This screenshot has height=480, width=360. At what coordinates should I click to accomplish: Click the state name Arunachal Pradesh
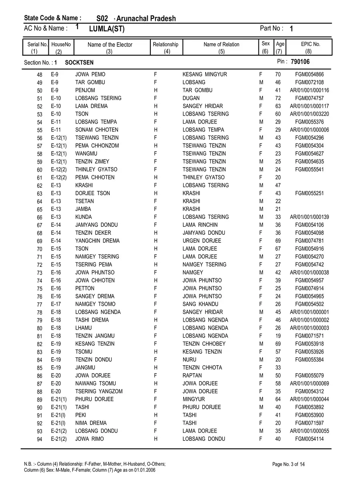146,18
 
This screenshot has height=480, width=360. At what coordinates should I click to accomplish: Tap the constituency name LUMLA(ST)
107,29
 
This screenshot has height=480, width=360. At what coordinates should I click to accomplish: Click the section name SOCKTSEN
79,62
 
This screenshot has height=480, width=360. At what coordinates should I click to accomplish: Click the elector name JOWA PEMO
90,74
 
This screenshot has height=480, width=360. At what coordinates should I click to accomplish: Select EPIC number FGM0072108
310,82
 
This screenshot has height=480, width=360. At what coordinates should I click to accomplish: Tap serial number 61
40,178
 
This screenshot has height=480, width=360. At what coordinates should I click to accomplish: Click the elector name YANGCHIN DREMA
97,241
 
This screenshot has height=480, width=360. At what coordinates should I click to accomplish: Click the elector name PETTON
85,288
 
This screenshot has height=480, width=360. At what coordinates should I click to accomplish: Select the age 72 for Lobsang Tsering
278,98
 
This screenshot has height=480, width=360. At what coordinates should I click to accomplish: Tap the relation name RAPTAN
192,376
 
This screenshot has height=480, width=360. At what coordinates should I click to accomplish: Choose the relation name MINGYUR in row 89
194,399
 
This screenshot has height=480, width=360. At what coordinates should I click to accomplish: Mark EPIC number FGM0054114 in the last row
310,439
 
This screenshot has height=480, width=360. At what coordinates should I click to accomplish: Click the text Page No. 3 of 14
288,464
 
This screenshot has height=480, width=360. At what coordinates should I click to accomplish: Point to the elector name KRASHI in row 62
84,185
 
